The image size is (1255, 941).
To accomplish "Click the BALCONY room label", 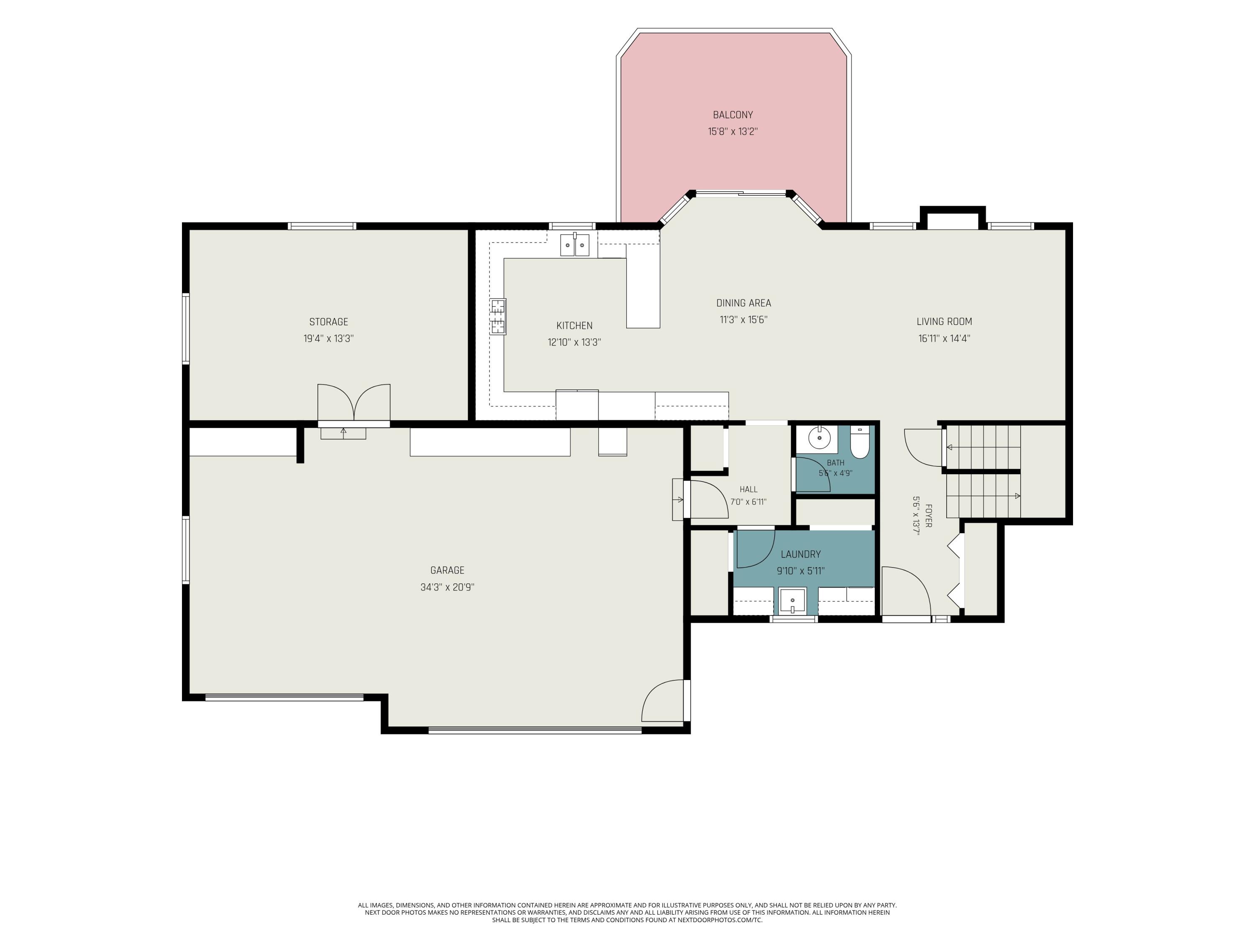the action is click(733, 115).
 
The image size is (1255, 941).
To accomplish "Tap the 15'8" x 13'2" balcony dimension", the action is click(733, 132).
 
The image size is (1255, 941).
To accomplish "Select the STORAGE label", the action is click(328, 322).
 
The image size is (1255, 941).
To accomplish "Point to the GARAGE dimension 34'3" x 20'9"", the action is click(447, 587).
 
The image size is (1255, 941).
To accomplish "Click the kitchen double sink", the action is click(575, 245).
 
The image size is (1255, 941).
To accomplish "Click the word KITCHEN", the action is click(574, 325).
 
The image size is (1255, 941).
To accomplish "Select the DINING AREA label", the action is click(743, 303).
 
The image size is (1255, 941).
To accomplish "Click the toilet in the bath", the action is click(860, 443).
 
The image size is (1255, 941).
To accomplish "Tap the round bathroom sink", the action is click(819, 438).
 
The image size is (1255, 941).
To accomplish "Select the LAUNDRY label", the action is click(801, 554).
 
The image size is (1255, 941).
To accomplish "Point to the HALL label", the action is click(748, 489).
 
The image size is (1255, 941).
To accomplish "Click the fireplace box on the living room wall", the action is click(952, 218).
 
